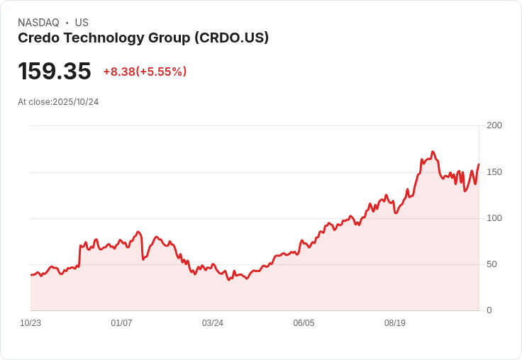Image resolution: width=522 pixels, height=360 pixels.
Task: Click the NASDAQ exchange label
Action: [38, 23]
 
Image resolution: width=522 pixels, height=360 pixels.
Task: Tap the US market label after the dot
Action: [82, 23]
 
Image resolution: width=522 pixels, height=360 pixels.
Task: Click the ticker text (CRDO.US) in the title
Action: [232, 38]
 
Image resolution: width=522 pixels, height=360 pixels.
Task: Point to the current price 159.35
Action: [55, 72]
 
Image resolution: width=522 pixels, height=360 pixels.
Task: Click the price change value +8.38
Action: [118, 72]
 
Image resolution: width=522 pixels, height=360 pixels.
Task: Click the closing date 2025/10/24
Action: [75, 102]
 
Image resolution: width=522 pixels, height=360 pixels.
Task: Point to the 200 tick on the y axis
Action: [494, 125]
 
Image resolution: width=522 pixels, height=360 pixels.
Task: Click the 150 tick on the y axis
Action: [494, 172]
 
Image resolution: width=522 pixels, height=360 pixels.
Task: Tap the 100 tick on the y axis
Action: [494, 218]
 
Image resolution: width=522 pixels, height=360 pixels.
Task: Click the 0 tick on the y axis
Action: [489, 310]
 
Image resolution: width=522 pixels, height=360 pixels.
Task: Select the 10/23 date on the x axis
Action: [30, 323]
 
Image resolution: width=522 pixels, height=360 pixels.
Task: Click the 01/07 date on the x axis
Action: [121, 323]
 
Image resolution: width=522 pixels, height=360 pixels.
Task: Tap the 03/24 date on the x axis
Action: [213, 323]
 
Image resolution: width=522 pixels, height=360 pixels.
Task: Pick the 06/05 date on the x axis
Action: [304, 323]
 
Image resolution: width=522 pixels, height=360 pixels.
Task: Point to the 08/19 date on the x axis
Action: [394, 323]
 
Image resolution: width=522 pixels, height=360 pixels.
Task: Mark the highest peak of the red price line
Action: [433, 152]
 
